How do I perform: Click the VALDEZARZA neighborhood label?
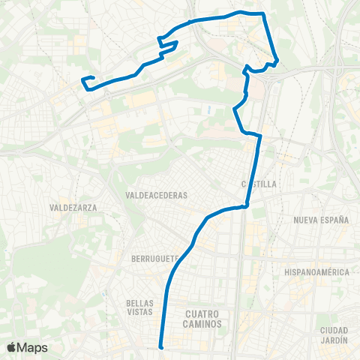coord(73,207)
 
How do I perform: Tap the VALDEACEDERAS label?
coord(157,195)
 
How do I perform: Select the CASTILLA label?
coord(259,184)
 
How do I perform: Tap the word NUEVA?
coord(307,220)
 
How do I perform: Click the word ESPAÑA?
coord(336,220)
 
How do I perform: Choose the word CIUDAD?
coord(334,331)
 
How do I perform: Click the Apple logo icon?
coord(12,347)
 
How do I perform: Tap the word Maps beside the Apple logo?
coord(33,347)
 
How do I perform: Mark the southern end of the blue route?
coord(161,346)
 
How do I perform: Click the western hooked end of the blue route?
coord(82,79)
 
